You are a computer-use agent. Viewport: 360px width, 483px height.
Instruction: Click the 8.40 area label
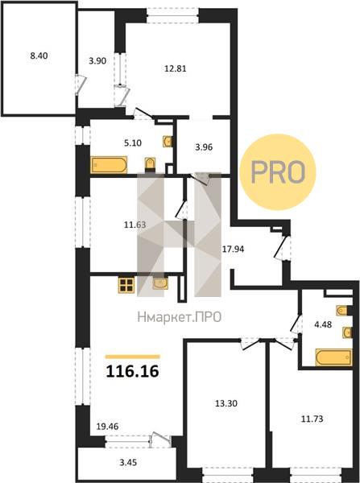pyautogui.click(x=39, y=56)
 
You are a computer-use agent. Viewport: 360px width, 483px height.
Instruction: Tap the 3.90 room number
pyautogui.click(x=97, y=61)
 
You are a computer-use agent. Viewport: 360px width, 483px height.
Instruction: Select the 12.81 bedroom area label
pyautogui.click(x=175, y=68)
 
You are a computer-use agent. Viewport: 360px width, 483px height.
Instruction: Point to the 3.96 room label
pyautogui.click(x=204, y=147)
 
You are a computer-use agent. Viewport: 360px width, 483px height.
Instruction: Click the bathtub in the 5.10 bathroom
pyautogui.click(x=109, y=165)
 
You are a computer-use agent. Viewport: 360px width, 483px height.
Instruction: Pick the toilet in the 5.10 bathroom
pyautogui.click(x=150, y=164)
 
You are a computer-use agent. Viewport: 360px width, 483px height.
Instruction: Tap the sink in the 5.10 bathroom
pyautogui.click(x=168, y=142)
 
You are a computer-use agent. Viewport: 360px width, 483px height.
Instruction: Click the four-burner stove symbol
pyautogui.click(x=126, y=285)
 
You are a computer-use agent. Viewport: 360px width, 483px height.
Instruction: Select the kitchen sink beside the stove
pyautogui.click(x=160, y=283)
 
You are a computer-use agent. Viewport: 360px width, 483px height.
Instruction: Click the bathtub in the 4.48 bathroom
pyautogui.click(x=333, y=357)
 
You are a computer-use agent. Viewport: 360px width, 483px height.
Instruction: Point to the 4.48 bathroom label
pyautogui.click(x=323, y=324)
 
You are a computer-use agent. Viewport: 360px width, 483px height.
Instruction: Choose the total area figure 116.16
pyautogui.click(x=133, y=371)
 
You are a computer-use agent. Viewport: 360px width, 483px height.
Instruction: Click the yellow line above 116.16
pyautogui.click(x=133, y=357)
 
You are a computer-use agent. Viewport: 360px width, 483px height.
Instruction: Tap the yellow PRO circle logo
pyautogui.click(x=278, y=171)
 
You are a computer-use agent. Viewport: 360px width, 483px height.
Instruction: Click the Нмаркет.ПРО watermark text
pyautogui.click(x=180, y=317)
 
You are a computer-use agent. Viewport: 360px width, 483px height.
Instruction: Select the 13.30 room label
pyautogui.click(x=226, y=403)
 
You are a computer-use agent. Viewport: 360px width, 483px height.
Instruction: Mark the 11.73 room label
pyautogui.click(x=312, y=419)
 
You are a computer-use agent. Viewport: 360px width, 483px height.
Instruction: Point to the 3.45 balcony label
pyautogui.click(x=128, y=462)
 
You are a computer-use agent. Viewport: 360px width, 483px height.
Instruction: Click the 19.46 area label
pyautogui.click(x=108, y=427)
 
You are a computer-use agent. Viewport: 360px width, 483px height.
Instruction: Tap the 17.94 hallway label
pyautogui.click(x=233, y=250)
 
